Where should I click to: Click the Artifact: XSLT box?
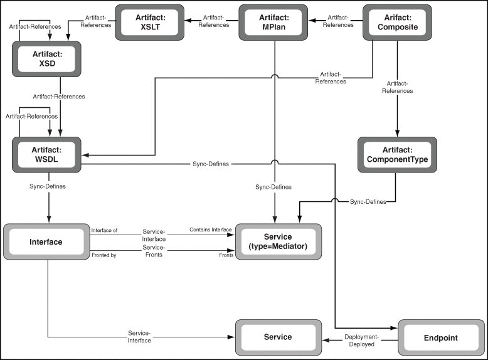[149, 23]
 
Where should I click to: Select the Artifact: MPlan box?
[273, 23]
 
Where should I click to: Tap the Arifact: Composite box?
[397, 23]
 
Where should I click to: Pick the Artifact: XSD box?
[46, 59]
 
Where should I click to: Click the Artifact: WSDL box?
[46, 155]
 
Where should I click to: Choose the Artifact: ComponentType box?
[397, 155]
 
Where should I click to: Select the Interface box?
[46, 241]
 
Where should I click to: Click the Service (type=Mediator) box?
[278, 241]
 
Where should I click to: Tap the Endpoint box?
[442, 337]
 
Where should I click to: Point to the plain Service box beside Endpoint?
[278, 337]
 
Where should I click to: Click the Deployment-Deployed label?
[361, 341]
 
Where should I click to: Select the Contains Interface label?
[211, 230]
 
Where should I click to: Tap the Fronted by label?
[104, 255]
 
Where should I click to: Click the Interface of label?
[104, 230]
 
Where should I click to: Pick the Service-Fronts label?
[154, 251]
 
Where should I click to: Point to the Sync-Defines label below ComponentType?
[368, 201]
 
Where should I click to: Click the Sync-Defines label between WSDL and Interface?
[48, 186]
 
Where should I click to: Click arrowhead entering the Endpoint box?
[394, 328]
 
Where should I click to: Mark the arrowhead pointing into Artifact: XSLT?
[188, 21]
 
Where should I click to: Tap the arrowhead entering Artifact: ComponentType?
[397, 133]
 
